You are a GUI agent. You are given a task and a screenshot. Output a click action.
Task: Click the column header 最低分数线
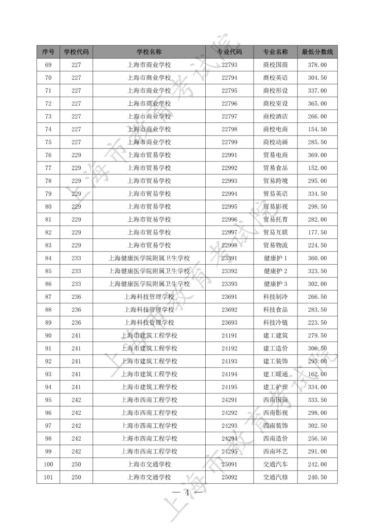point(317,52)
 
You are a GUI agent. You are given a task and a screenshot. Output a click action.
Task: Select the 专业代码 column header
point(229,52)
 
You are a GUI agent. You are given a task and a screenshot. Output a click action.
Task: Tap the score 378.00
point(317,65)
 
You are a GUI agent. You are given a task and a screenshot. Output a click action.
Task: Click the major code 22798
point(229,129)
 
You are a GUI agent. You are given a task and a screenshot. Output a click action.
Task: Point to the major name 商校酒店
point(275,116)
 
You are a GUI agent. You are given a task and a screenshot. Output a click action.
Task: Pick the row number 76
point(48,155)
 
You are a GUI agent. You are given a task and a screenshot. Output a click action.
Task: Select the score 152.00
point(317,168)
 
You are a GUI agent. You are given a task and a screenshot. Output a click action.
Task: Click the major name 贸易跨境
point(275,181)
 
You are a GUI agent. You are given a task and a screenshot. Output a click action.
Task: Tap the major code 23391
point(229,258)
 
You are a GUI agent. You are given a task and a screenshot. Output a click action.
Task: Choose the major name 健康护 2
point(275,271)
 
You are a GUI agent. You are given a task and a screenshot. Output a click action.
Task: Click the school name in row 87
point(149,297)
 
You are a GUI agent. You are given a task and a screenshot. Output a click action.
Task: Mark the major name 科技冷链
point(275,323)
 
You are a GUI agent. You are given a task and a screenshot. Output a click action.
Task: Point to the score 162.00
point(317,374)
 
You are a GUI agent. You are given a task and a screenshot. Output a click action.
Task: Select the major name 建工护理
point(275,387)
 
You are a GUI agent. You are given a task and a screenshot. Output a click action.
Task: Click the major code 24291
point(229,400)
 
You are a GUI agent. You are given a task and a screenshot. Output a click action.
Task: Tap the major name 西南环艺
point(275,451)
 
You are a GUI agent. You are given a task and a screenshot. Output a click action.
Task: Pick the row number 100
point(48,464)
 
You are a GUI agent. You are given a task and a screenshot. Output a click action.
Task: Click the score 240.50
point(317,477)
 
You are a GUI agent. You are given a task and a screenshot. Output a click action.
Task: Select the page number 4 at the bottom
point(187,493)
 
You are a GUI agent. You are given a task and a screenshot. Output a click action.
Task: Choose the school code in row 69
point(76,65)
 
